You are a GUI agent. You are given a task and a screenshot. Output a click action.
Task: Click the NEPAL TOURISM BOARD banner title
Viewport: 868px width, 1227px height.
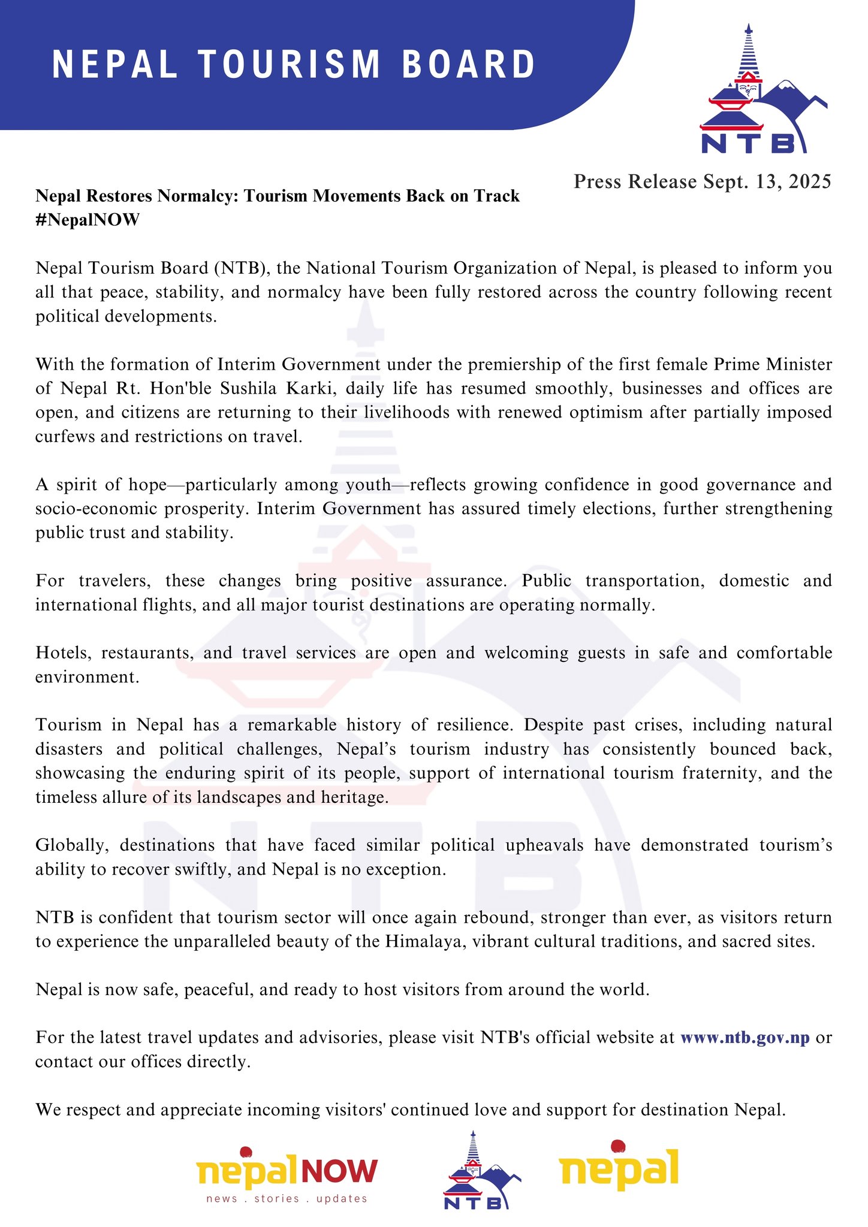pos(294,64)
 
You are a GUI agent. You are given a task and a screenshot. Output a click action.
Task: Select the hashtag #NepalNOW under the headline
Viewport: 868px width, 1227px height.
pos(88,220)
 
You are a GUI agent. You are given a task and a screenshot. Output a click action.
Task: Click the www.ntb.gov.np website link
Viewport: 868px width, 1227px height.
pos(745,1037)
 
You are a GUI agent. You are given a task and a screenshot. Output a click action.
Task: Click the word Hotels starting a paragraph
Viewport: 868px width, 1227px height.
pos(64,652)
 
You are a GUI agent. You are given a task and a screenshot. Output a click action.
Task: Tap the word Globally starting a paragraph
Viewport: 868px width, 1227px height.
pos(72,845)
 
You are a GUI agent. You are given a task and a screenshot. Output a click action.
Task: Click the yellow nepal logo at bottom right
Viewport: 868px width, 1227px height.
pos(619,1168)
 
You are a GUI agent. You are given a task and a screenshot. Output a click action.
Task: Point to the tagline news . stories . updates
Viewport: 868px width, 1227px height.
pos(287,1198)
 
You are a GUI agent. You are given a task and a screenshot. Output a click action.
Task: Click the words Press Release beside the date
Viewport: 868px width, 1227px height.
pos(635,182)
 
